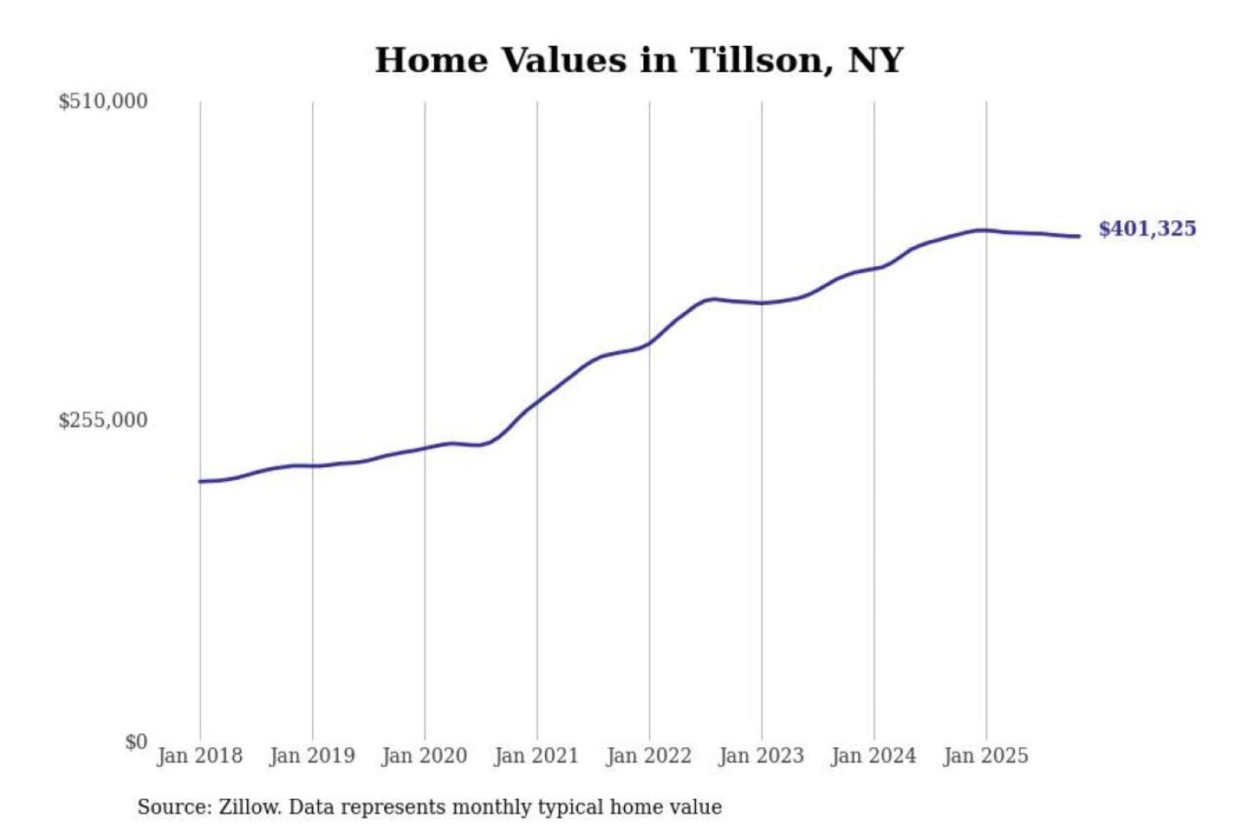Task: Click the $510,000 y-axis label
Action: click(x=103, y=101)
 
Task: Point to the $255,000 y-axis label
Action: click(x=103, y=420)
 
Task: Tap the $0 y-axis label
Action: click(x=136, y=742)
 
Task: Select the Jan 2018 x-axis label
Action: click(x=199, y=756)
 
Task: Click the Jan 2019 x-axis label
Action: click(x=312, y=756)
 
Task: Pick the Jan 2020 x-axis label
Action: click(x=424, y=756)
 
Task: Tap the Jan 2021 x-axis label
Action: click(x=536, y=756)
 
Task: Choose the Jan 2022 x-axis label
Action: click(x=648, y=756)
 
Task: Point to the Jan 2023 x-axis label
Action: click(x=761, y=756)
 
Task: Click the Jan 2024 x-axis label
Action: click(x=873, y=756)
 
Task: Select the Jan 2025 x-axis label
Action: click(x=985, y=756)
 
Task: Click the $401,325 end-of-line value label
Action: click(x=1147, y=229)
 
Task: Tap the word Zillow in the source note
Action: click(x=249, y=807)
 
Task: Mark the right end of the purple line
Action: click(x=1079, y=236)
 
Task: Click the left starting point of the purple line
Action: click(x=200, y=481)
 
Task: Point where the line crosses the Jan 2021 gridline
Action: click(x=537, y=401)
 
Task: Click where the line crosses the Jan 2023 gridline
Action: click(x=762, y=302)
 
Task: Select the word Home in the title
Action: click(x=431, y=61)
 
